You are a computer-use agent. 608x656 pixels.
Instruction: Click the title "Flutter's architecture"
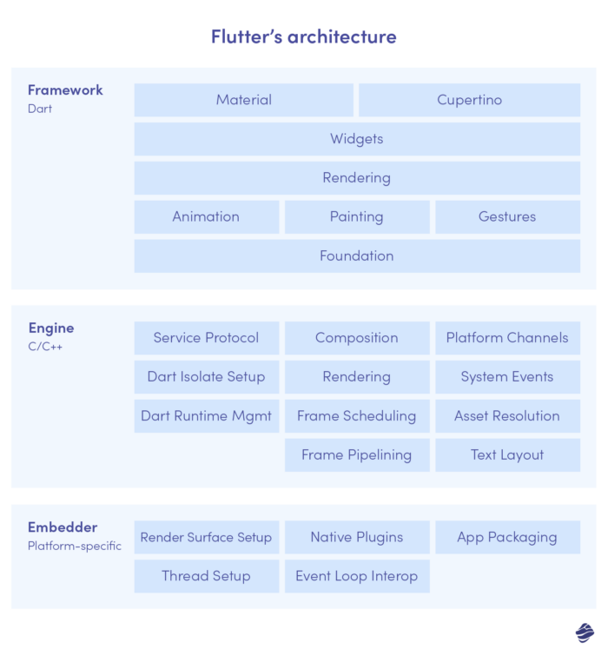coord(304,36)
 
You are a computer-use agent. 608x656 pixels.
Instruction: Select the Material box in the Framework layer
coord(243,100)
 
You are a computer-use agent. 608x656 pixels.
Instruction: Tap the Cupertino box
coord(469,100)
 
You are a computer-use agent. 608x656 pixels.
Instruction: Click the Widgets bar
coord(356,139)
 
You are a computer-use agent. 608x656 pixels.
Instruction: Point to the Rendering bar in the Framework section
coord(356,178)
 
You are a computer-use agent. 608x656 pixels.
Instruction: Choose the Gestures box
coord(507,217)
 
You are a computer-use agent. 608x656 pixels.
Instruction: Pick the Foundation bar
coord(356,256)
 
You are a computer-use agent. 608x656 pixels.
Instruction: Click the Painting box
coord(356,217)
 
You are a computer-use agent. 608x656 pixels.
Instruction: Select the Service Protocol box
coord(206,338)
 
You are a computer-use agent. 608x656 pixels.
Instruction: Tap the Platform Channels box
coord(507,338)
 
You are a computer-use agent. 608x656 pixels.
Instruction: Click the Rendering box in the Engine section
coord(356,377)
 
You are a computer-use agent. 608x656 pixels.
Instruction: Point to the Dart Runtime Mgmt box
coord(206,416)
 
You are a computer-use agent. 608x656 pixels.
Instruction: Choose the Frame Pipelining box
coord(356,455)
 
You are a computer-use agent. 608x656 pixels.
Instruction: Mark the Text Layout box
coord(507,455)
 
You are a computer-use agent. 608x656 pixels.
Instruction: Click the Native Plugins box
coord(356,537)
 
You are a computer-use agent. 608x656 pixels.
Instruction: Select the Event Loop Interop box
coord(356,576)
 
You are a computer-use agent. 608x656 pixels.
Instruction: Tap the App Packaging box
coord(507,537)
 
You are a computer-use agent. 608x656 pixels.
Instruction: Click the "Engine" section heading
coord(51,328)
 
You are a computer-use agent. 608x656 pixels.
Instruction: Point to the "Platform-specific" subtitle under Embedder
coord(75,547)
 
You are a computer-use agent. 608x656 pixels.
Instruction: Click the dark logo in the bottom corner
coord(584,632)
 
